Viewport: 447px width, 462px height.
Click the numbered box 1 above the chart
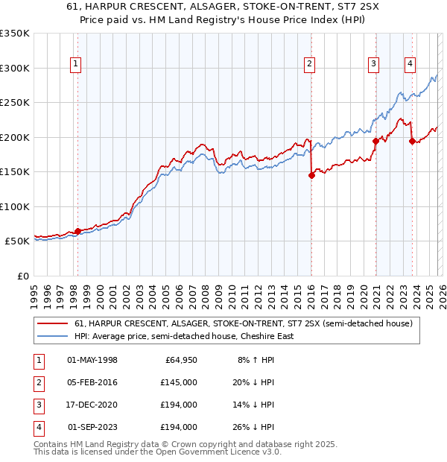[77, 65]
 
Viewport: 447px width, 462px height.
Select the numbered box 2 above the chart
[309, 65]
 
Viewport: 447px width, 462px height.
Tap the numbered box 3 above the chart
[373, 65]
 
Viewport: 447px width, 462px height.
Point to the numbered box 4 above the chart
[410, 65]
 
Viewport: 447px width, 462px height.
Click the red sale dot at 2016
[311, 175]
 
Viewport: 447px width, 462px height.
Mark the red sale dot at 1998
[77, 231]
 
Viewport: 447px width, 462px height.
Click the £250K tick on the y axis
[15, 103]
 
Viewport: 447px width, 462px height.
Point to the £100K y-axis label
[15, 206]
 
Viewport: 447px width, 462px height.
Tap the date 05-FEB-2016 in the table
[92, 382]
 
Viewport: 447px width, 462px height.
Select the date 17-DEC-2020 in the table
[92, 405]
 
